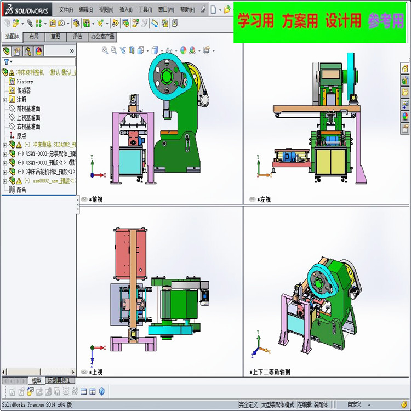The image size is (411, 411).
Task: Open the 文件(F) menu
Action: pyautogui.click(x=65, y=9)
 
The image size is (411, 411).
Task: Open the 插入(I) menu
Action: pyautogui.click(x=125, y=9)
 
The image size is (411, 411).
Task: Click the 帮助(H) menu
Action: pyautogui.click(x=187, y=9)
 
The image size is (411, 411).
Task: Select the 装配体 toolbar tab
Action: pyautogui.click(x=12, y=37)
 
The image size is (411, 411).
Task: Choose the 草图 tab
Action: pyautogui.click(x=55, y=37)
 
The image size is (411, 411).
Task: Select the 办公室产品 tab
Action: pyautogui.click(x=102, y=37)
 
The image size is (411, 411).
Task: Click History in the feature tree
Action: pyautogui.click(x=25, y=82)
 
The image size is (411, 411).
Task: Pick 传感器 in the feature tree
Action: pyautogui.click(x=24, y=90)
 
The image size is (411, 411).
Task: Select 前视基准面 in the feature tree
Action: pyautogui.click(x=28, y=109)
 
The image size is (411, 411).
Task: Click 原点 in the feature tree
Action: pyautogui.click(x=21, y=135)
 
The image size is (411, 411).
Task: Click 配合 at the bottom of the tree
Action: pyautogui.click(x=21, y=190)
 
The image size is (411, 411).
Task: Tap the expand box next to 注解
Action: pyautogui.click(x=5, y=100)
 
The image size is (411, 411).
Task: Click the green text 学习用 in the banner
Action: pyautogui.click(x=255, y=21)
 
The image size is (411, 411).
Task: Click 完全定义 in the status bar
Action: pyautogui.click(x=248, y=404)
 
